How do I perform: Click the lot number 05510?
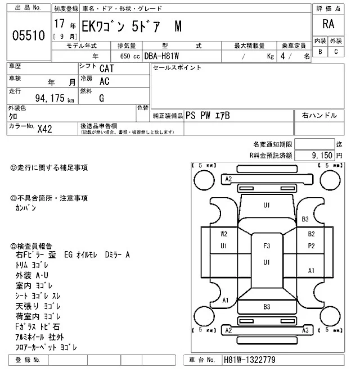[x=28, y=37]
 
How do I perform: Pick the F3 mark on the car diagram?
[x=267, y=245]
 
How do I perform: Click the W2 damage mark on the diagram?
[x=224, y=234]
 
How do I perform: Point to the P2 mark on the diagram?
[x=310, y=245]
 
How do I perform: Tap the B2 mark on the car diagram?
[x=310, y=234]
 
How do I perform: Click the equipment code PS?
[x=191, y=115]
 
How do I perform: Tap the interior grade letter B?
[x=320, y=51]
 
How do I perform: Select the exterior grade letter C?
[x=336, y=51]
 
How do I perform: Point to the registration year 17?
[x=60, y=25]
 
